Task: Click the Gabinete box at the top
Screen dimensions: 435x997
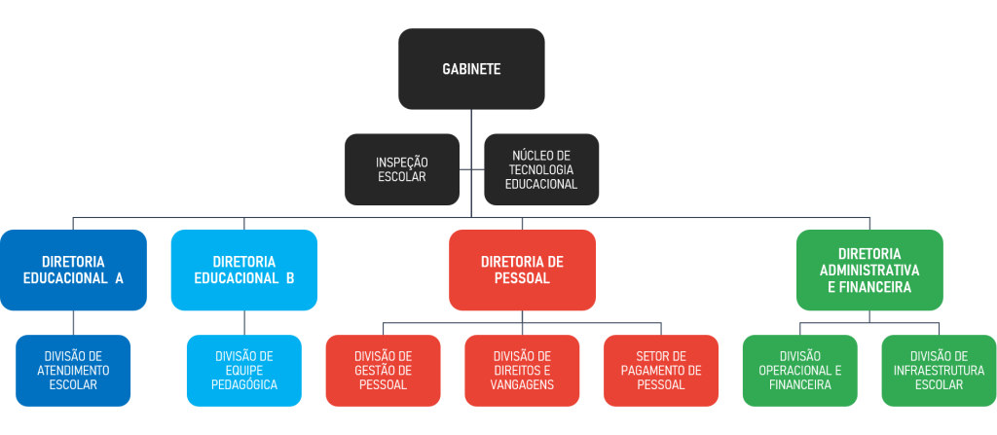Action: (x=471, y=68)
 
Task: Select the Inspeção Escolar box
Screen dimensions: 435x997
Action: (x=402, y=169)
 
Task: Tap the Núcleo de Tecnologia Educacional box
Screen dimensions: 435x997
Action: (x=541, y=169)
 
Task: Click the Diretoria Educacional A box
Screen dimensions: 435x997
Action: (x=74, y=270)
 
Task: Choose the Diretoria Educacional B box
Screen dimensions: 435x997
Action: (x=244, y=270)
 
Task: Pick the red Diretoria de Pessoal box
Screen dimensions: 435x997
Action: (x=522, y=270)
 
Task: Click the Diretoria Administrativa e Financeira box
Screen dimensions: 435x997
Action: (x=869, y=270)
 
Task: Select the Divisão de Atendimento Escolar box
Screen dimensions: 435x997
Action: (x=73, y=371)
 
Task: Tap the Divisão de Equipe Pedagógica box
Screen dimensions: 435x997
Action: (x=244, y=371)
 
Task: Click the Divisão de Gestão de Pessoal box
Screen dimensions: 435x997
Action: (x=383, y=371)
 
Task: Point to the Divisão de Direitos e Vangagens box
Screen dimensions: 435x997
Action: (x=522, y=371)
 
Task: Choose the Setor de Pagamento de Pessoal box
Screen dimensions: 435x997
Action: (x=661, y=371)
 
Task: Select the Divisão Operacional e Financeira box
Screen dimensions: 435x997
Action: (x=799, y=371)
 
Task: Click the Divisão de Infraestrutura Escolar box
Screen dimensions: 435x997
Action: (x=939, y=371)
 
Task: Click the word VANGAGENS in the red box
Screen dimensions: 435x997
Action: (x=523, y=385)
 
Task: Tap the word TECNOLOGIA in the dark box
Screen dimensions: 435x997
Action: (x=542, y=169)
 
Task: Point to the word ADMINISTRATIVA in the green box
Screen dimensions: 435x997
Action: (x=869, y=270)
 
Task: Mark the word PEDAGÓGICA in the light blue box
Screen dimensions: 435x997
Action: (x=244, y=385)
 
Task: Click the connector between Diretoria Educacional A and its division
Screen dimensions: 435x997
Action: (x=74, y=323)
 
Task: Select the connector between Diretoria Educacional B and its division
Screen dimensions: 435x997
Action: (x=244, y=323)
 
